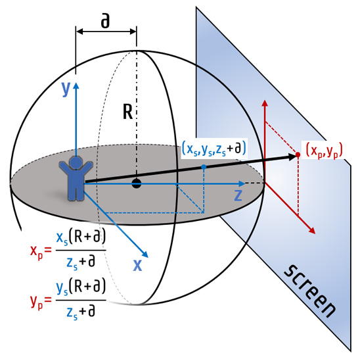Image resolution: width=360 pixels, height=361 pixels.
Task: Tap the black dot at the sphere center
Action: [x=136, y=183]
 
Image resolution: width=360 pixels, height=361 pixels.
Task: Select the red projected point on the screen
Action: [x=298, y=155]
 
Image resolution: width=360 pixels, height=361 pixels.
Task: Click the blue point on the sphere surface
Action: [x=204, y=166]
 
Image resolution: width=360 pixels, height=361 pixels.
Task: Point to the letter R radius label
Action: [x=128, y=112]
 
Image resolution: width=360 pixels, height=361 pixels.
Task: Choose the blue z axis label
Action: [x=238, y=195]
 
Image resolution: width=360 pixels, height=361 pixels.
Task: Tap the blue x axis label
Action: [x=137, y=265]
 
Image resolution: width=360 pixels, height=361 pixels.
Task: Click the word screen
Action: [x=310, y=291]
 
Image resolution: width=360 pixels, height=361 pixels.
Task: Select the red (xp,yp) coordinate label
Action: [x=325, y=151]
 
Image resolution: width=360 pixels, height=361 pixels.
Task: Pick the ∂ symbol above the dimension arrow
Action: [x=105, y=22]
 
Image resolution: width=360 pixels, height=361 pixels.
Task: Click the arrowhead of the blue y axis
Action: [x=76, y=86]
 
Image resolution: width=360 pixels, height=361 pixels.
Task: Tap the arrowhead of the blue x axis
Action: [x=145, y=254]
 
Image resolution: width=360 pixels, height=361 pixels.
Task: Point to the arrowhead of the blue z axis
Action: [x=242, y=183]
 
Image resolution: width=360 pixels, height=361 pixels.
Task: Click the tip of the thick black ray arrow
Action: [x=296, y=156]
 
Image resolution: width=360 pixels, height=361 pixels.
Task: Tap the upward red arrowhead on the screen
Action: [x=265, y=103]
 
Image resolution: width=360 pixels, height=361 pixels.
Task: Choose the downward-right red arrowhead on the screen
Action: [x=313, y=231]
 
